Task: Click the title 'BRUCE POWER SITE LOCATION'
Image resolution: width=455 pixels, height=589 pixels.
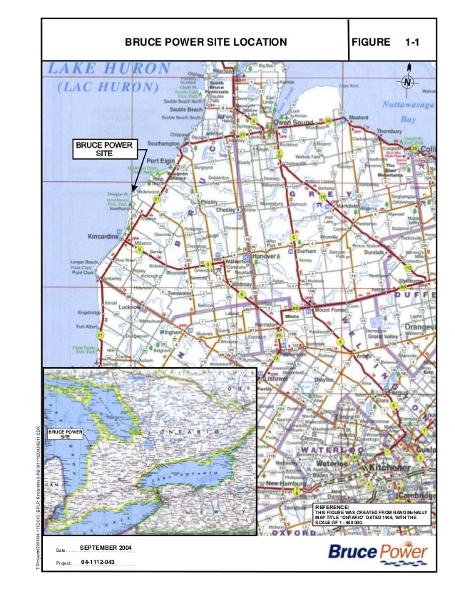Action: [205, 43]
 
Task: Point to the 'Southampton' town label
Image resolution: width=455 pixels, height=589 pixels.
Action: [166, 143]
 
